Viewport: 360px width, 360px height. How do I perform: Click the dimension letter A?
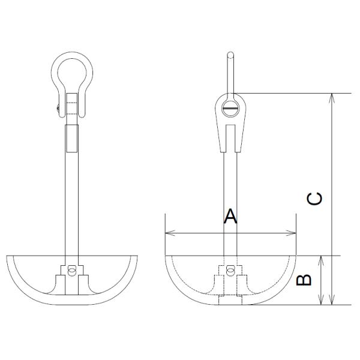[x=230, y=216]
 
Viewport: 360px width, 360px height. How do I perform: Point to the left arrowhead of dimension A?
[x=167, y=233]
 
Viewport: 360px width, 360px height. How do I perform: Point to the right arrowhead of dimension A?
[x=294, y=233]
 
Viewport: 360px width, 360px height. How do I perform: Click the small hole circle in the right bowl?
[x=230, y=270]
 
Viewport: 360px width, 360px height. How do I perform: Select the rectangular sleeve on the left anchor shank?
[x=72, y=138]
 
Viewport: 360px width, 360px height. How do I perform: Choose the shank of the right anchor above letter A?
[x=230, y=180]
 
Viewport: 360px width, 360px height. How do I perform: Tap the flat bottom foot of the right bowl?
[x=230, y=302]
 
